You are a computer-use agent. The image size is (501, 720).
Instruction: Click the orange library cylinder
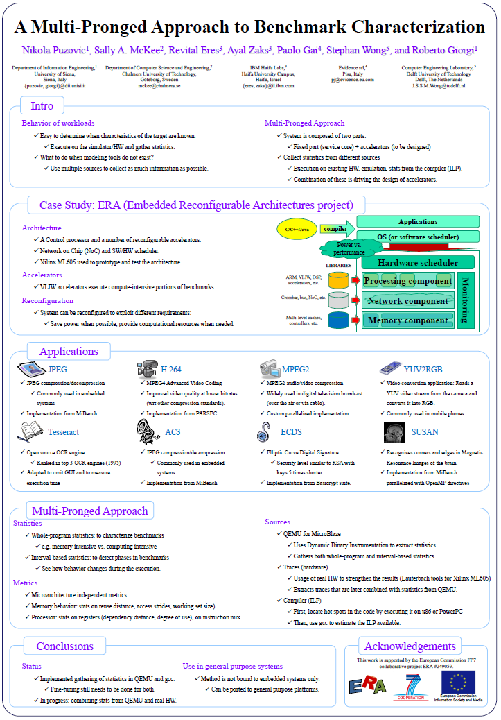(337, 280)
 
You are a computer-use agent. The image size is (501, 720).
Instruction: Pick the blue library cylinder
(337, 320)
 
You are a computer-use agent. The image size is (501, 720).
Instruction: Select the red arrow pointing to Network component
(355, 300)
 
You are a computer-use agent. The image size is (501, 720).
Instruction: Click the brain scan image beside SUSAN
(394, 432)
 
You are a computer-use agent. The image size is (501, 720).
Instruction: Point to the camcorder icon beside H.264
(147, 368)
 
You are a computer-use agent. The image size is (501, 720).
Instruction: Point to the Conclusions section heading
(64, 646)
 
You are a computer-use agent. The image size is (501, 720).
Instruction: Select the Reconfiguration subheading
(47, 300)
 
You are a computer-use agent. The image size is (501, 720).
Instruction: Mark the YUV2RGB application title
(425, 369)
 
